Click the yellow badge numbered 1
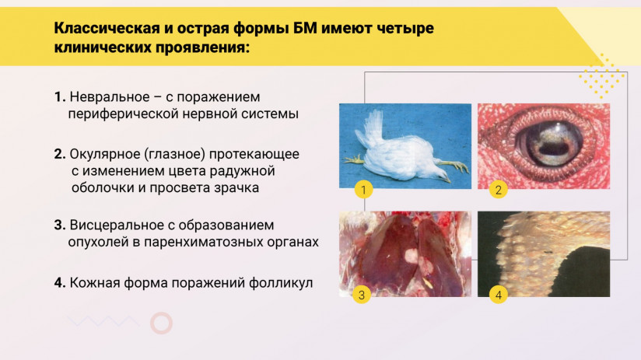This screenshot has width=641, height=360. (362, 189)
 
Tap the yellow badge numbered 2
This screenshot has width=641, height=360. (498, 189)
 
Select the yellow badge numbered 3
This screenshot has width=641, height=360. (361, 295)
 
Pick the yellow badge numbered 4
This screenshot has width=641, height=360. (498, 295)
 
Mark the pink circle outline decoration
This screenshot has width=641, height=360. (161, 323)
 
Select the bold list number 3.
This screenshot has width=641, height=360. (59, 225)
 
